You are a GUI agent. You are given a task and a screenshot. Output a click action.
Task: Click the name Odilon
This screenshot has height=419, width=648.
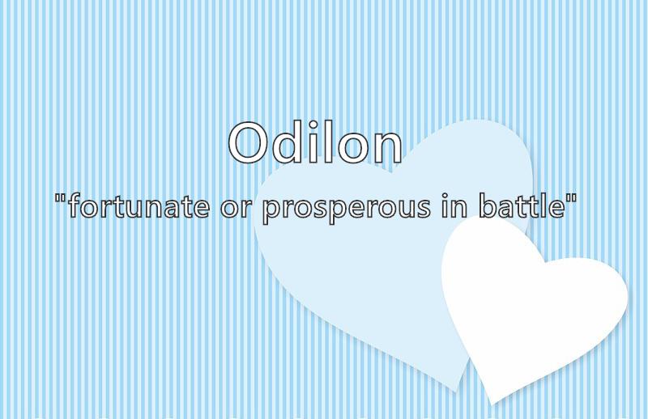coord(315,142)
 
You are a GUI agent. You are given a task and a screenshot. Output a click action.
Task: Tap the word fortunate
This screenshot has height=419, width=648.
coord(139,205)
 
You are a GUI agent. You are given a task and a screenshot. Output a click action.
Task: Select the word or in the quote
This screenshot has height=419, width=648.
coord(236,209)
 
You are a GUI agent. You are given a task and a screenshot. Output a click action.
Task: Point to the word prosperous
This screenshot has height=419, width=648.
coord(347,210)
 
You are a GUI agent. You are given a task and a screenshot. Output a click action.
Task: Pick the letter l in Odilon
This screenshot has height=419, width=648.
coord(328,142)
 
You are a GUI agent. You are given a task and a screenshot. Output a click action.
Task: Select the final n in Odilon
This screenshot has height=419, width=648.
coord(387,148)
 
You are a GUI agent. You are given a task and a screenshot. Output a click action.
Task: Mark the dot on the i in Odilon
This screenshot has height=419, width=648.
coord(314,125)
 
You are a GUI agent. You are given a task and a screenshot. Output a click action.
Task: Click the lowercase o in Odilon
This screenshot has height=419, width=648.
coord(352,149)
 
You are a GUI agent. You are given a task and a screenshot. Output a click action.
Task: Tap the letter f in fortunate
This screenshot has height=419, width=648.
coord(74,205)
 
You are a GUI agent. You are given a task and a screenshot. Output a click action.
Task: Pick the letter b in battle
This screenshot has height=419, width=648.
coord(488,205)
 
